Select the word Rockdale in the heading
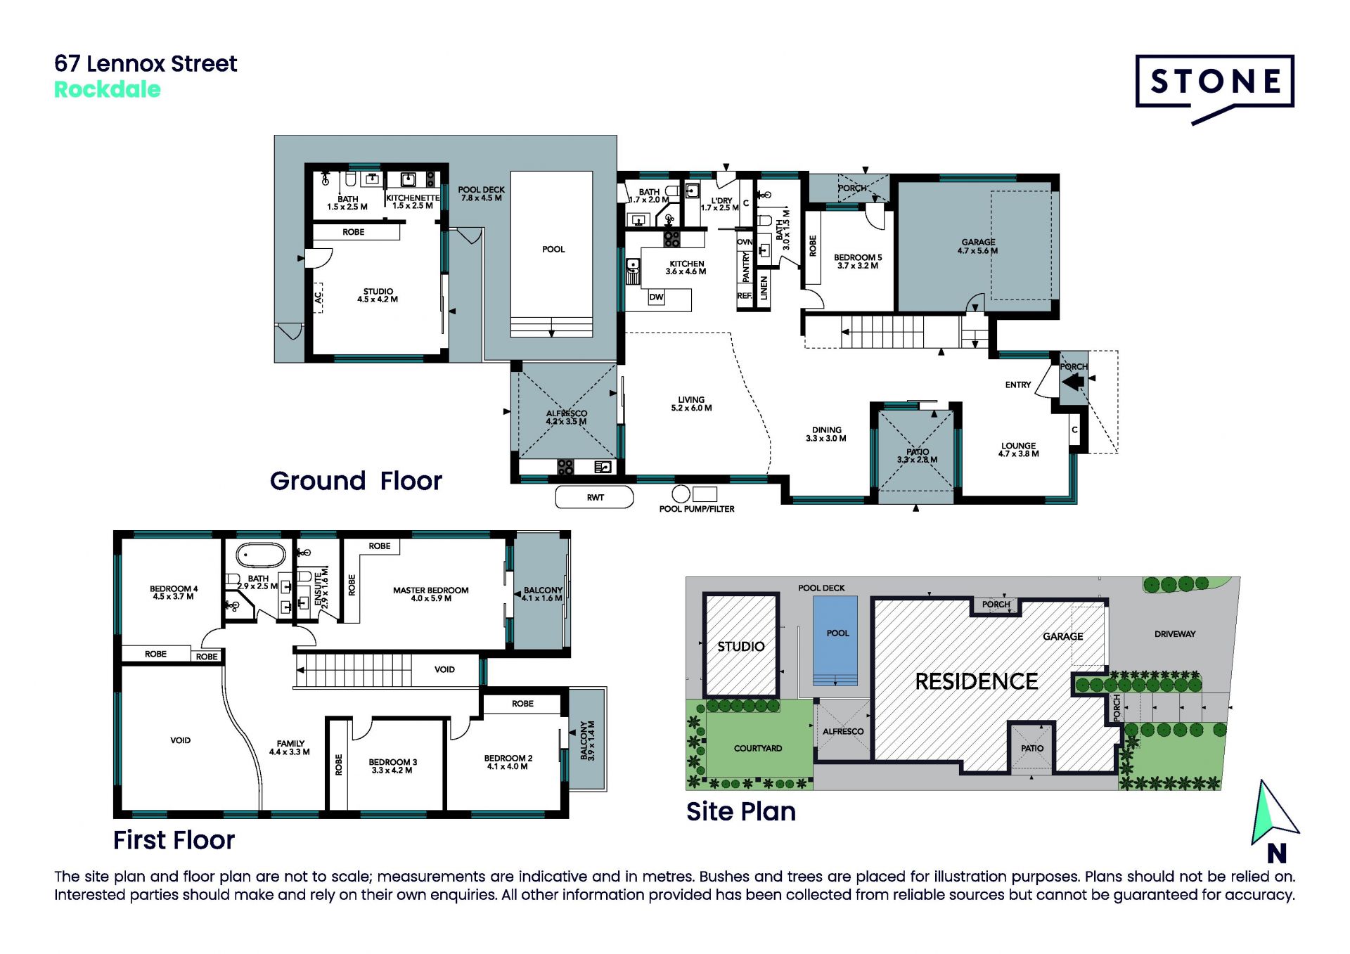(x=108, y=90)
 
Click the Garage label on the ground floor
(x=978, y=246)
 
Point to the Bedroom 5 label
(x=858, y=262)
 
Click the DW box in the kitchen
(x=656, y=297)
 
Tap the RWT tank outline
(x=594, y=497)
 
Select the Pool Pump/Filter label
(x=697, y=509)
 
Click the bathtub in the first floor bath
(x=261, y=555)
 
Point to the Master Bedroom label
(x=430, y=594)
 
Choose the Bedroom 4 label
(x=174, y=593)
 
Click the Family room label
(x=290, y=747)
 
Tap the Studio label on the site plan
(x=741, y=646)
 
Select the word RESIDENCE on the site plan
(x=977, y=681)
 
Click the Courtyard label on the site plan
(x=758, y=748)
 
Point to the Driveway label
(x=1175, y=634)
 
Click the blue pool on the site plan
(x=835, y=640)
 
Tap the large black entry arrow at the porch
(x=1073, y=382)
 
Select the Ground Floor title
(x=356, y=481)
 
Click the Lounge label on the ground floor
(x=1019, y=450)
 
